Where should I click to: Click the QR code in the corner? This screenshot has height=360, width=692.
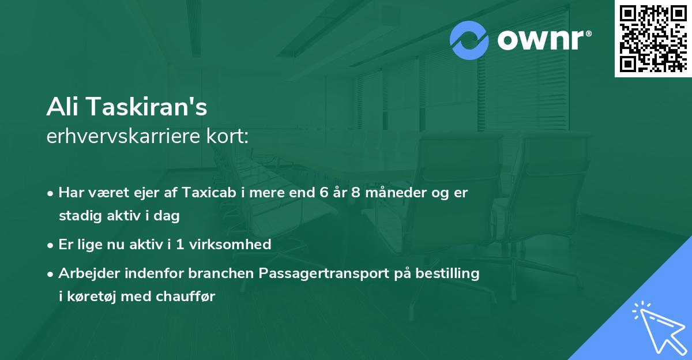[653, 38]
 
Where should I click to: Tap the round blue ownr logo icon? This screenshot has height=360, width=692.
[469, 40]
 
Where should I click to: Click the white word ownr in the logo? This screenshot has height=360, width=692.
[543, 40]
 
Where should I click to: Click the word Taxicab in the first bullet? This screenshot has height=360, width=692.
[206, 193]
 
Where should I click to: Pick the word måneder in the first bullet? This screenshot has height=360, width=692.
[392, 193]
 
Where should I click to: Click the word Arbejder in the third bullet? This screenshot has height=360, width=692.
[85, 273]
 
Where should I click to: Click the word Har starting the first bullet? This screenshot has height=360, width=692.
[70, 193]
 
